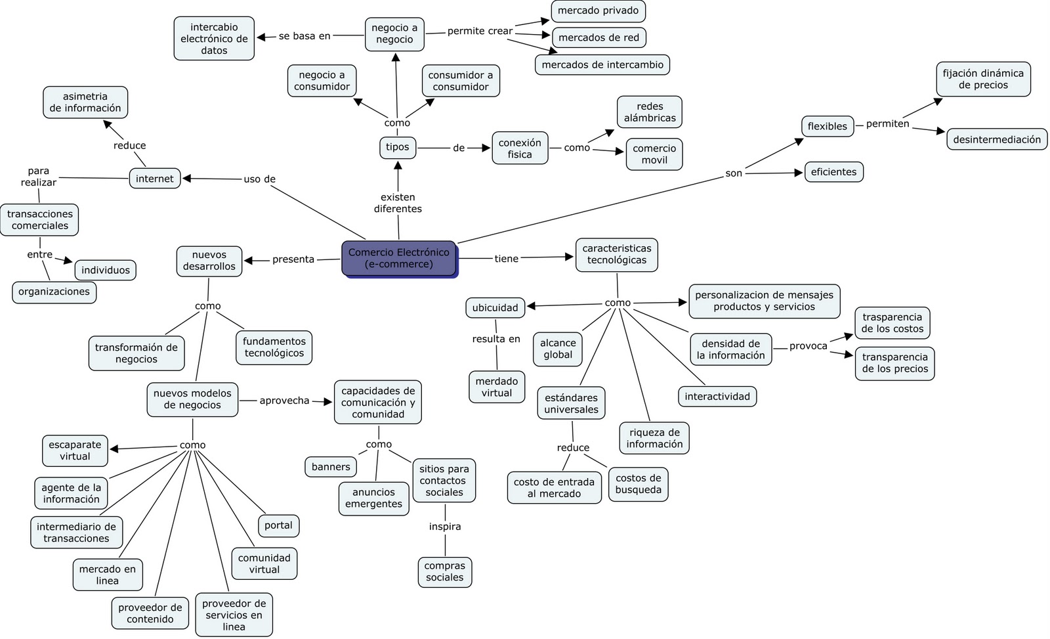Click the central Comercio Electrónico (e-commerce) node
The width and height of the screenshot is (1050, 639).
(398, 258)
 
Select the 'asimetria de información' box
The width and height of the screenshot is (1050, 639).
(85, 102)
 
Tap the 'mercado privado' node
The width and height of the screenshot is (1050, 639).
(598, 11)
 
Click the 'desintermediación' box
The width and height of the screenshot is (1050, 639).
(996, 139)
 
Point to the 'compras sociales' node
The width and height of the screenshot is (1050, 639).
(444, 571)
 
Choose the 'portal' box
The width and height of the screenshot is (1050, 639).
(278, 525)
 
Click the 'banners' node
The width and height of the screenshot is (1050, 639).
(331, 467)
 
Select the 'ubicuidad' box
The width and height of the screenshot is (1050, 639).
(495, 307)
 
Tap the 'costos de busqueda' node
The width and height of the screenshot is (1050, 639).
(638, 484)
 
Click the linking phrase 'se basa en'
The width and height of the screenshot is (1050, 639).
(304, 36)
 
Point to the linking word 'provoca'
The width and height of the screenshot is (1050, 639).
(808, 346)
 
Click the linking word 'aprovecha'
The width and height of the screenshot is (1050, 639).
(284, 401)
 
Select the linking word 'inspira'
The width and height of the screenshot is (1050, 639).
(445, 527)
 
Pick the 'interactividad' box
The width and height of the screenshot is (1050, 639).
(717, 397)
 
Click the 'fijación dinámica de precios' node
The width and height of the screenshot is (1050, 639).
(982, 79)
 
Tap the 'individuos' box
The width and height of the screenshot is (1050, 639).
(106, 270)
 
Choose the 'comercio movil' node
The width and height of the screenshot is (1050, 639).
(654, 154)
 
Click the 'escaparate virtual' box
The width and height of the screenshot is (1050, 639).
(75, 451)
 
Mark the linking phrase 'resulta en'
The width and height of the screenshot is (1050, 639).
(496, 339)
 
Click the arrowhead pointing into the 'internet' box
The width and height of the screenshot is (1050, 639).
(187, 178)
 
